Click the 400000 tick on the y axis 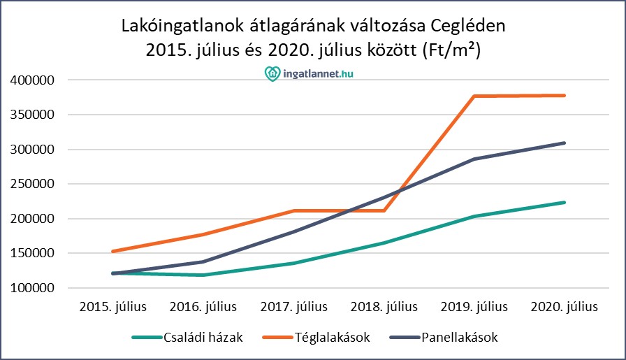(x=32, y=80)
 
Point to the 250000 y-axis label (x=32, y=185)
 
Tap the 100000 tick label (x=32, y=288)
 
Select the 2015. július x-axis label (x=113, y=307)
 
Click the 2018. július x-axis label (x=384, y=307)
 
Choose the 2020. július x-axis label (x=565, y=307)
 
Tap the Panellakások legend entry (x=460, y=338)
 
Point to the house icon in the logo (x=272, y=73)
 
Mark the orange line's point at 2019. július (x=474, y=96)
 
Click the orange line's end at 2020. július (x=565, y=96)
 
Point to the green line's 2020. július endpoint (x=565, y=203)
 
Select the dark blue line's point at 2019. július (x=474, y=159)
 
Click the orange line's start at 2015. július (x=113, y=252)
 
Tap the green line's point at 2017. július (x=294, y=264)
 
